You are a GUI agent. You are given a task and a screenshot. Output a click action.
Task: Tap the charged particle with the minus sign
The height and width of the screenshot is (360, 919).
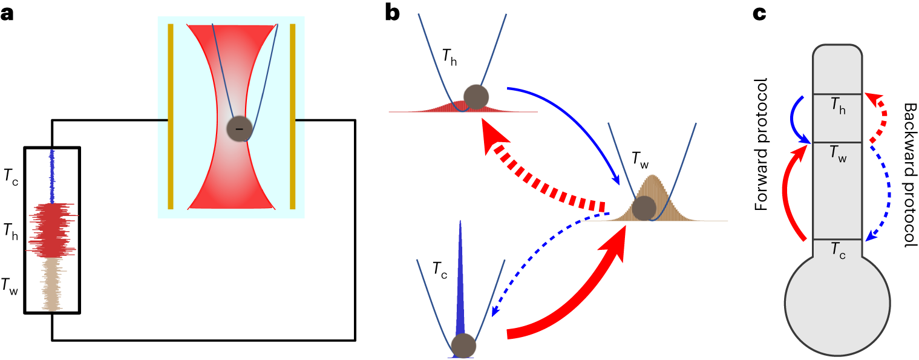pyautogui.click(x=239, y=128)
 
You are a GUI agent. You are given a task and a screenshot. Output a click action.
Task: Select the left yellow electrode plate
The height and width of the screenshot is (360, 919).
pyautogui.click(x=171, y=116)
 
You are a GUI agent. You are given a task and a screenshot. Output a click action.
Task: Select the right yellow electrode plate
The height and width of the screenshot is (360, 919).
pyautogui.click(x=292, y=116)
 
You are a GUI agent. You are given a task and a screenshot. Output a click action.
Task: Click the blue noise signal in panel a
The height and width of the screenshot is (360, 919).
pyautogui.click(x=53, y=175)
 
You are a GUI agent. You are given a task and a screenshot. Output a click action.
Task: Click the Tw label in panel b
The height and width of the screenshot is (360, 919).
pyautogui.click(x=639, y=159)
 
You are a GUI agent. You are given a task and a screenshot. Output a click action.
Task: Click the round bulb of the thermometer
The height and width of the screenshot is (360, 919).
pyautogui.click(x=837, y=303)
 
